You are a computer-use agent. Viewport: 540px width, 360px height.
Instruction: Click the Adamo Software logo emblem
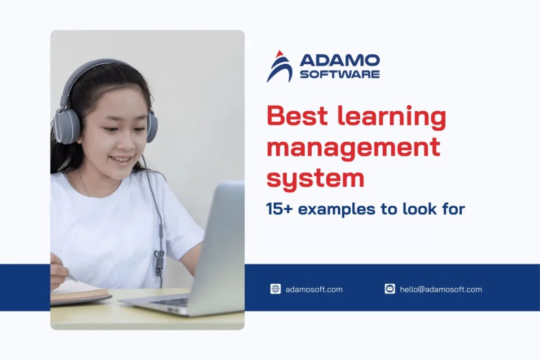coord(279,66)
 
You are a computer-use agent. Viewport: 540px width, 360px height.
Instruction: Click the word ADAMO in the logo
coord(339,60)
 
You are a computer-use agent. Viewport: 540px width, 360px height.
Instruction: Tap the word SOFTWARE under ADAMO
coord(339,74)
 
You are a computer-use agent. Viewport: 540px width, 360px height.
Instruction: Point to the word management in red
coord(353,147)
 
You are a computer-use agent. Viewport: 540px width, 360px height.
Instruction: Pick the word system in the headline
coord(315,178)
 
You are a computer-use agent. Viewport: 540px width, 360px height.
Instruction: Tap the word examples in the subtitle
coord(336,210)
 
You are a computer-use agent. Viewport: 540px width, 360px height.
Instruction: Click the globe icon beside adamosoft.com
coord(275,289)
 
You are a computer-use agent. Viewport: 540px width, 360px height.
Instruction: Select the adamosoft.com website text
coord(314,289)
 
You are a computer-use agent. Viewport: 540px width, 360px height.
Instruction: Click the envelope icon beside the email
coord(390,289)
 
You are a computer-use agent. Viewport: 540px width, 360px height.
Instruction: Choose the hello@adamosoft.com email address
coord(441,289)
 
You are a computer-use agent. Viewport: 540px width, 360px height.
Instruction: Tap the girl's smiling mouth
coord(123,158)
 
